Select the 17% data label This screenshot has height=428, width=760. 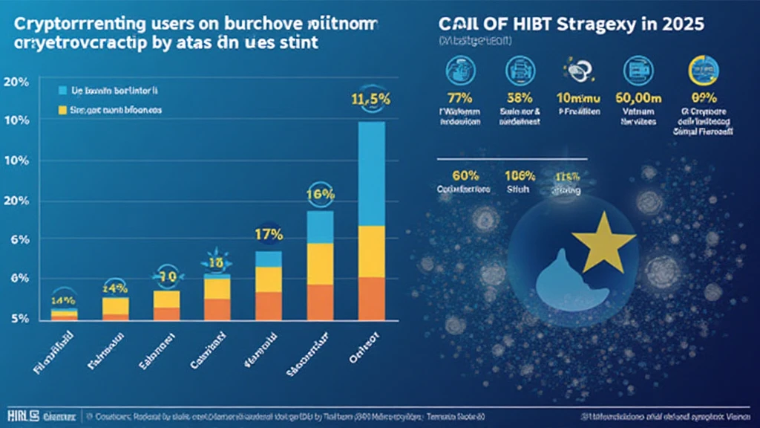click(268, 234)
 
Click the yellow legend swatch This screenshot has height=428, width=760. click(62, 111)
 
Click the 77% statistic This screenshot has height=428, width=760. click(455, 97)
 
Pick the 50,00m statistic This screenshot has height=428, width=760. click(638, 97)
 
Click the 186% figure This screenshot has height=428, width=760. click(518, 176)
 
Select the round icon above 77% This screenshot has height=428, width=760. click(455, 71)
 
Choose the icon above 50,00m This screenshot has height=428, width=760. click(638, 71)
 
